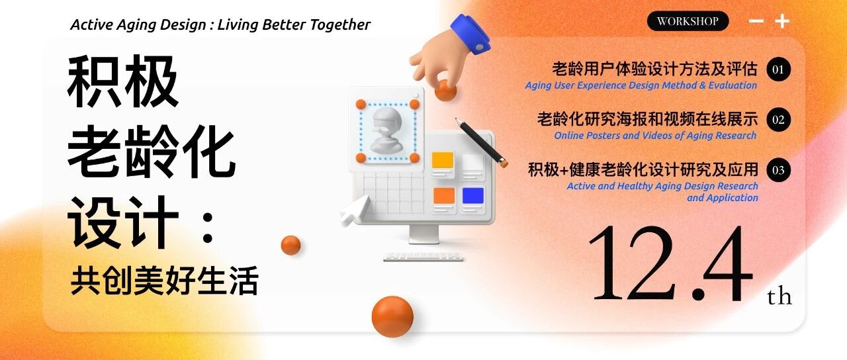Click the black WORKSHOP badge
688,21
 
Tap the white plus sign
782,21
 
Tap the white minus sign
756,21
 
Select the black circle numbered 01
778,69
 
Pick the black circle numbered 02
778,120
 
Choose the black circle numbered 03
778,170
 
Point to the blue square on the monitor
473,195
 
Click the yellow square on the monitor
443,159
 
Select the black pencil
481,142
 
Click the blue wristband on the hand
470,34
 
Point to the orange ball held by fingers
445,91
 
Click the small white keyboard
423,256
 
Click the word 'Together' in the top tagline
340,25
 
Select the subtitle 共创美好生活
165,280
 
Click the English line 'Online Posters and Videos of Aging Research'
655,136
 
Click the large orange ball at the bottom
392,316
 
